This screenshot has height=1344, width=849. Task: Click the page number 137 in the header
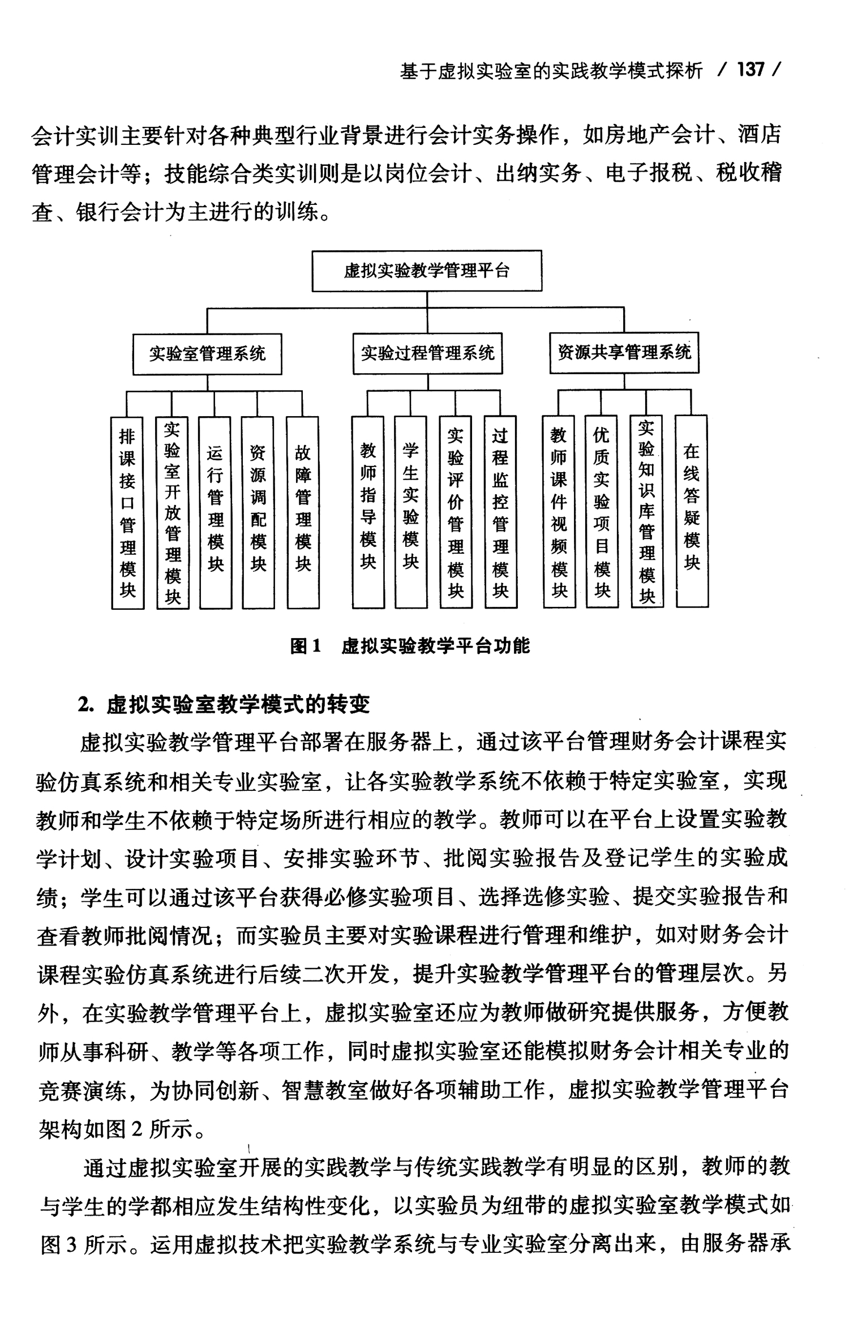pos(751,70)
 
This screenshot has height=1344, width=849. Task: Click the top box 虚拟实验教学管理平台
pos(427,271)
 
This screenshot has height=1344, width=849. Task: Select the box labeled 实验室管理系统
pos(207,354)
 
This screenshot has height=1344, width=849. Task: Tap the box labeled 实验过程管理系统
pos(427,354)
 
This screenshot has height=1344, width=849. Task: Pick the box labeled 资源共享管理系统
pos(624,353)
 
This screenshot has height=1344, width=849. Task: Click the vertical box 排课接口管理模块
pos(128,513)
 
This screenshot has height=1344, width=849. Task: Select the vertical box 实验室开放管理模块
pos(172,513)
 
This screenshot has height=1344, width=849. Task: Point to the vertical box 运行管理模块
pos(215,513)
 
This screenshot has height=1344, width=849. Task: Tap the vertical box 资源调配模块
pos(258,513)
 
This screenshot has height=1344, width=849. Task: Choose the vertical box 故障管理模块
pos(303,513)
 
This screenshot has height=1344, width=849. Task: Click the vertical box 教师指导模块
pos(368,512)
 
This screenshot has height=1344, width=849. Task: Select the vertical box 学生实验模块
pos(411,512)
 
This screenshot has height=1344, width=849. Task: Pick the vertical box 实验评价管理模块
pos(456,512)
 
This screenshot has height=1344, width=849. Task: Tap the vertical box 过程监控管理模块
pos(500,512)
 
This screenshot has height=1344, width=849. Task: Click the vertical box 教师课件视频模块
pos(559,512)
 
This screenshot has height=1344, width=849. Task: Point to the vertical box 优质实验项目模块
pos(602,512)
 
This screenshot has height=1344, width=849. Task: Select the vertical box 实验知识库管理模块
pos(647,512)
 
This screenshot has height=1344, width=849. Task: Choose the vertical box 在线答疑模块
pos(691,511)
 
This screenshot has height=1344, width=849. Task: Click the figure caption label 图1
pos(306,646)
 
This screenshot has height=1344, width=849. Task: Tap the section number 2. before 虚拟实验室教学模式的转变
pos(85,705)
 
